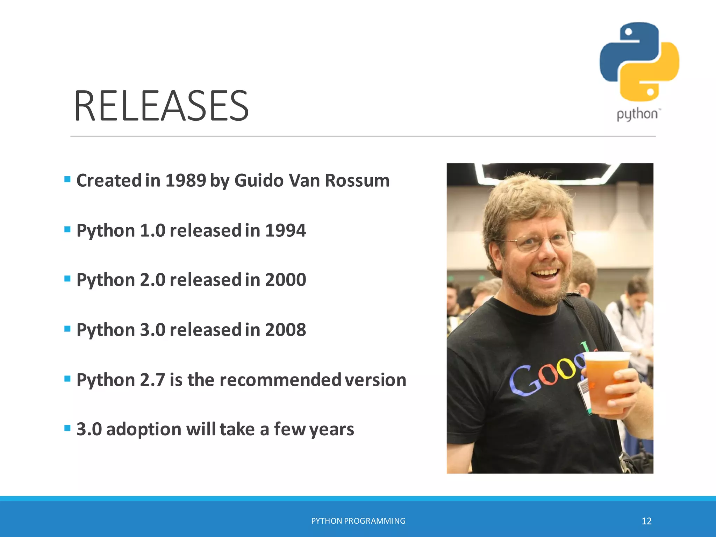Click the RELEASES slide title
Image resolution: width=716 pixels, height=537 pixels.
coord(161,106)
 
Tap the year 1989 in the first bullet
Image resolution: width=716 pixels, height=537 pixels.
coord(185,181)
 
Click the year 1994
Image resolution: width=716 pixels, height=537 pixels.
coord(285,231)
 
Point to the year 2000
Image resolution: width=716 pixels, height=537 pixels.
coord(285,280)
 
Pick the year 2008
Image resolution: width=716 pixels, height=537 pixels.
coord(285,330)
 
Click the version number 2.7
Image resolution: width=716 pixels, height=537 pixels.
coord(152,380)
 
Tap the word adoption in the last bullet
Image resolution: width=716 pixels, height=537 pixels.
coord(144,429)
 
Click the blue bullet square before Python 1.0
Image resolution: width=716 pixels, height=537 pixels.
coord(67,230)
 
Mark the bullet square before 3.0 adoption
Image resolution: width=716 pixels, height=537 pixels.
coord(67,428)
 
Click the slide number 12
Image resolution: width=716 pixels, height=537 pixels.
coord(646,521)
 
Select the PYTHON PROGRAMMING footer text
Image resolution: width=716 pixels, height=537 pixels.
coord(358,521)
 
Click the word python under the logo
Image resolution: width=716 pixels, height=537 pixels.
coord(637,114)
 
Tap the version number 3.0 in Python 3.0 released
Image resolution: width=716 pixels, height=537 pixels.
coord(152,330)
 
